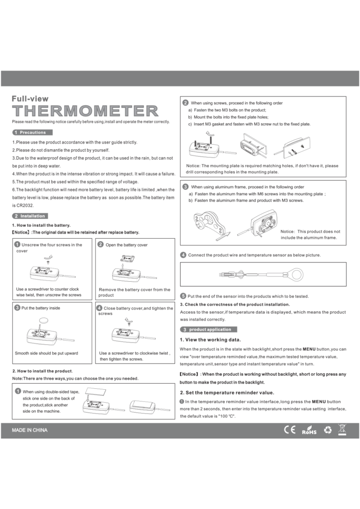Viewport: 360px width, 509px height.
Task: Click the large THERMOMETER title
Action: tap(85, 110)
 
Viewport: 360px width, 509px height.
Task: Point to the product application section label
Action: tap(209, 329)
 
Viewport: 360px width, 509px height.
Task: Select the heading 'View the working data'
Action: tap(210, 339)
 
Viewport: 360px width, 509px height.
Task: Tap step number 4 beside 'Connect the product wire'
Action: tap(183, 255)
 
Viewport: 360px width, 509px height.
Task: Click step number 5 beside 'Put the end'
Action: tap(183, 296)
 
